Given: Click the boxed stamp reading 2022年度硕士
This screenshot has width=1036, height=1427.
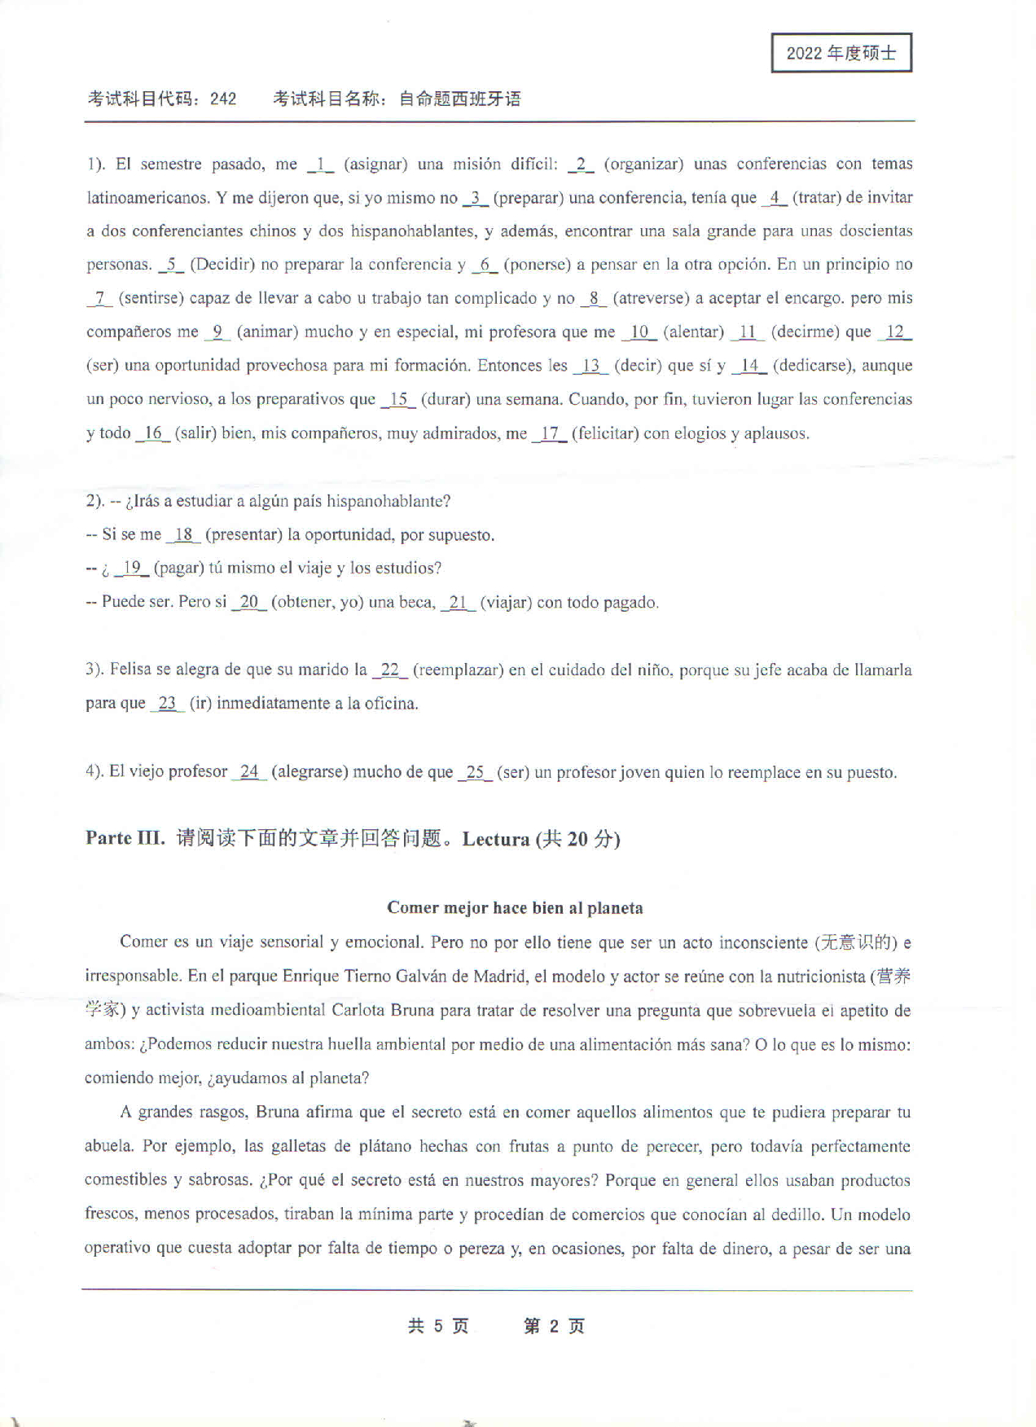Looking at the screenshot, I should (841, 53).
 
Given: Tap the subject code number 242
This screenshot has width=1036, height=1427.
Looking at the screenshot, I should (222, 99).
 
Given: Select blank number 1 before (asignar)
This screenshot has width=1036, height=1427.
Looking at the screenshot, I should (321, 164).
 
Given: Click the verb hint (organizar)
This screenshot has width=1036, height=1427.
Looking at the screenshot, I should (643, 164).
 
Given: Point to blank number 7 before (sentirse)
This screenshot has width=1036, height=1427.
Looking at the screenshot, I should (99, 298).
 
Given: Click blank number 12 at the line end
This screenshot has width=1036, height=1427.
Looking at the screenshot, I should (895, 332).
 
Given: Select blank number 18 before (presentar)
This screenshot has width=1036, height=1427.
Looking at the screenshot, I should (183, 535).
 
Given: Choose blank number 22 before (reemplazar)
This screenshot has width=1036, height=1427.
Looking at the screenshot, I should (389, 670).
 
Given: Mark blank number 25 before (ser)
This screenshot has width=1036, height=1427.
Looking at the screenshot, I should (475, 772).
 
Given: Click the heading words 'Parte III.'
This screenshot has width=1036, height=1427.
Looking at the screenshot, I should (125, 838).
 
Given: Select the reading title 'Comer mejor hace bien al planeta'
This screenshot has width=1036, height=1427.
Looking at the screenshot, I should (515, 907).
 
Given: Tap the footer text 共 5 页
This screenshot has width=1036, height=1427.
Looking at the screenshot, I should (438, 1326).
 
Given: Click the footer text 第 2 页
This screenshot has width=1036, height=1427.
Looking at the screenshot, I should (554, 1326).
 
